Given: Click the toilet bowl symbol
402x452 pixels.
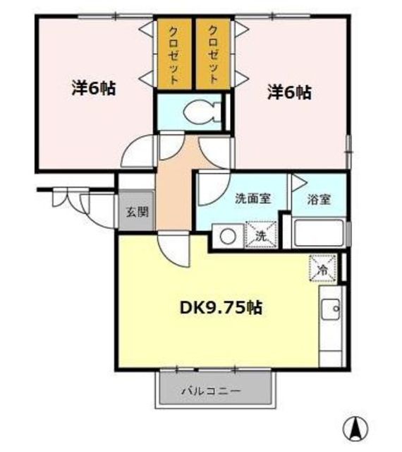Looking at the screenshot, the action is click(x=199, y=112).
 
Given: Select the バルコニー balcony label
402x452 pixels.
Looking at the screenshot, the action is click(x=210, y=391).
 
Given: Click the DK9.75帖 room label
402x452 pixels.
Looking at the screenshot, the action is click(x=221, y=308).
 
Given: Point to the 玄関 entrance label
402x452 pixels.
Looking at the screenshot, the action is click(x=138, y=212).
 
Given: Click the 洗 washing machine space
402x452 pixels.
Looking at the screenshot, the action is click(x=261, y=234).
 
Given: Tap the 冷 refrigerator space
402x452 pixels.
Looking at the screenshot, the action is click(x=322, y=268).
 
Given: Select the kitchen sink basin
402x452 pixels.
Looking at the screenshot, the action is click(x=331, y=309).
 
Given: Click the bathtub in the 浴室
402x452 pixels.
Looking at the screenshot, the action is click(x=319, y=233).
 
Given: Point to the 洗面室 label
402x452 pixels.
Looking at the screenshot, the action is click(x=253, y=198).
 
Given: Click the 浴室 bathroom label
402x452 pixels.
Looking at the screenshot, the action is click(x=319, y=199).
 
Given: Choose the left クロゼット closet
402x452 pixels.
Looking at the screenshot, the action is click(x=174, y=54).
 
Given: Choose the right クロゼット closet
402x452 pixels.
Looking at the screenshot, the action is click(x=213, y=54).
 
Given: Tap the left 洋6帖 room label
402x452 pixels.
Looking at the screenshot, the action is click(x=95, y=88).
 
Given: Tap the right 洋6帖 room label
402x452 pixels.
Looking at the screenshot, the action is click(x=289, y=93).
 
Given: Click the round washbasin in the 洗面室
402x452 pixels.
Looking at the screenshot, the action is click(x=228, y=237).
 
